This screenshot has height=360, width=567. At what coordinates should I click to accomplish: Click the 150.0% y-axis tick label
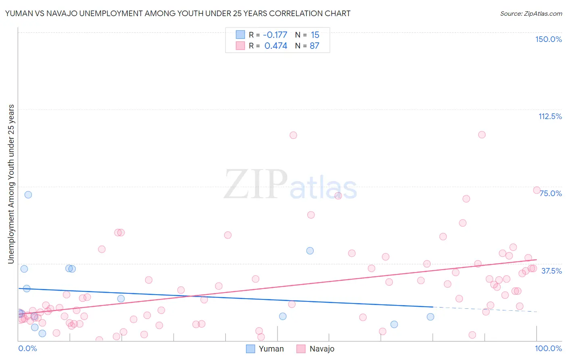tap(548, 39)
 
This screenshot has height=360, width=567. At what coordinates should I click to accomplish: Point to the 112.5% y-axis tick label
tap(550, 116)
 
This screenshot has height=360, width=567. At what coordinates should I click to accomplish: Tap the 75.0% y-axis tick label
tap(551, 193)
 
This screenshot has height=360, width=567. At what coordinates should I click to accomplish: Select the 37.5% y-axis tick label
tap(551, 271)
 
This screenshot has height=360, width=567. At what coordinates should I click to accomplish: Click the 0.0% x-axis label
tap(27, 348)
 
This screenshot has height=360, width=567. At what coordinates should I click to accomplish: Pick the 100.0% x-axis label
tap(548, 348)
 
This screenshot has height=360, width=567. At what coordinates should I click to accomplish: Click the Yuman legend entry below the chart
tap(265, 349)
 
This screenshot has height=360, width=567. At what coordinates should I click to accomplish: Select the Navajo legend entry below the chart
tap(315, 349)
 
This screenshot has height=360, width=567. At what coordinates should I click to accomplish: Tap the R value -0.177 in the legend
tap(275, 35)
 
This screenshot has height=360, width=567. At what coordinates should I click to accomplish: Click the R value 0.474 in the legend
tap(276, 46)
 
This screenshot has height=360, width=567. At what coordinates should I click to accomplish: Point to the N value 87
tap(315, 46)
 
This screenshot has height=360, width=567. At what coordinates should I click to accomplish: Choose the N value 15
tap(315, 35)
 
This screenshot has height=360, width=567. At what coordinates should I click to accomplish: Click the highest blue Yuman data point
tap(28, 195)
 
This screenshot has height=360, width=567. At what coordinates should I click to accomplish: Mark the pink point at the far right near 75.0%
tap(537, 190)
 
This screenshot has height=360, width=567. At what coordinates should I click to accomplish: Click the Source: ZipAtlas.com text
tap(531, 13)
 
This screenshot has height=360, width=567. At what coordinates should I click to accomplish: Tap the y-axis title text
tap(11, 184)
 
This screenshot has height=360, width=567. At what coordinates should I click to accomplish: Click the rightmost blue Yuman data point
tap(430, 317)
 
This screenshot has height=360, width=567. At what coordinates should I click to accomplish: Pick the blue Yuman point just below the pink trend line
tap(121, 299)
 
